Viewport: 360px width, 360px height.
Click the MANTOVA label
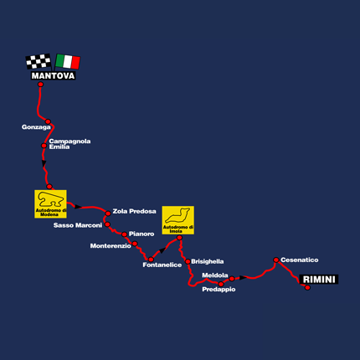(x=53, y=75)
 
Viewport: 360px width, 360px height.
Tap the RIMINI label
(x=319, y=280)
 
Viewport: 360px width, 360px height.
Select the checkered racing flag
(x=39, y=61)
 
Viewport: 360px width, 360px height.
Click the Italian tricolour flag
(x=68, y=61)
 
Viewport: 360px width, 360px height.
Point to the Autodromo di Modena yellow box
(x=50, y=204)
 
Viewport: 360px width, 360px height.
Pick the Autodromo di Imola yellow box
(x=178, y=220)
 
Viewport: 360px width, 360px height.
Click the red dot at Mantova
(x=41, y=85)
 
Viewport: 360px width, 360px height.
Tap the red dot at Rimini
(x=307, y=287)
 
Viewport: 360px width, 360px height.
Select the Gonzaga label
(x=36, y=127)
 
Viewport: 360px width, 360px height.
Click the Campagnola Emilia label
(x=69, y=144)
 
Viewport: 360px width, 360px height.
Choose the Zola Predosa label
(x=134, y=211)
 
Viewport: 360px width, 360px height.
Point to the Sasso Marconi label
(x=78, y=225)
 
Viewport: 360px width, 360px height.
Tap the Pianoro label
(x=141, y=234)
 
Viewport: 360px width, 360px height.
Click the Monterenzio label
(x=111, y=246)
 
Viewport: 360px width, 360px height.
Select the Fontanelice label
(x=162, y=265)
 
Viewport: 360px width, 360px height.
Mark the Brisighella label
(x=208, y=261)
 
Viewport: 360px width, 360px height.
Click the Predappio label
(x=219, y=290)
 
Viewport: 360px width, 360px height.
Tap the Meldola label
(x=215, y=275)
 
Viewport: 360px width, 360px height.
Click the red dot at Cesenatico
(x=276, y=260)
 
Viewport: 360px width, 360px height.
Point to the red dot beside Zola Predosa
(x=108, y=213)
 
